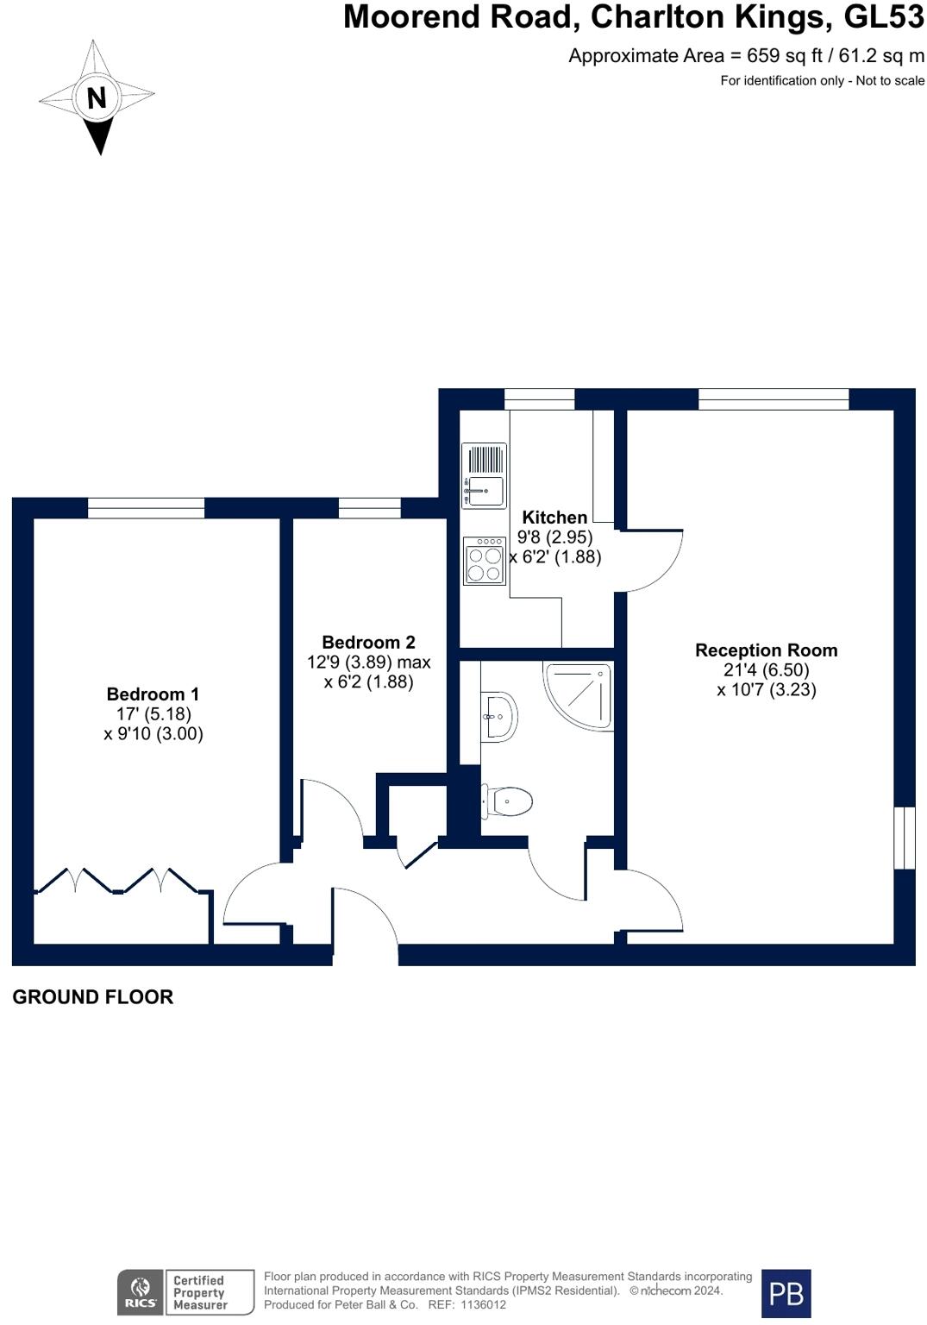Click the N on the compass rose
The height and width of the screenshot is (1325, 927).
(97, 97)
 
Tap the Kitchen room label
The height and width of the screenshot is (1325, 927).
(554, 518)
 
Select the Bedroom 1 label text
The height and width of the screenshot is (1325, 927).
(153, 694)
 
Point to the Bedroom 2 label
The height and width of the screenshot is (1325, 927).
(368, 643)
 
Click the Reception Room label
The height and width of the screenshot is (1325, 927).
(766, 650)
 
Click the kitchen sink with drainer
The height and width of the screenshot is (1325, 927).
(484, 475)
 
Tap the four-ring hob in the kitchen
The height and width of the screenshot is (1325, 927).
(484, 561)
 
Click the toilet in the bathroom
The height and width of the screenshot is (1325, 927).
(509, 801)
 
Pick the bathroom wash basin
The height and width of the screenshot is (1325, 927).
(500, 716)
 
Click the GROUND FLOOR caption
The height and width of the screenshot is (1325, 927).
(92, 997)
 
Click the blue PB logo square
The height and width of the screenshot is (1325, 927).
(786, 1293)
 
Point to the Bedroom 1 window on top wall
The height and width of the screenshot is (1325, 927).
(146, 508)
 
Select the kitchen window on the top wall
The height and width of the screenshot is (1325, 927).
(539, 399)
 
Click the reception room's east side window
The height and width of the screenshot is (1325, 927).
(903, 838)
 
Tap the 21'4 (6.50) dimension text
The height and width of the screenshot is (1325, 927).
(766, 670)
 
